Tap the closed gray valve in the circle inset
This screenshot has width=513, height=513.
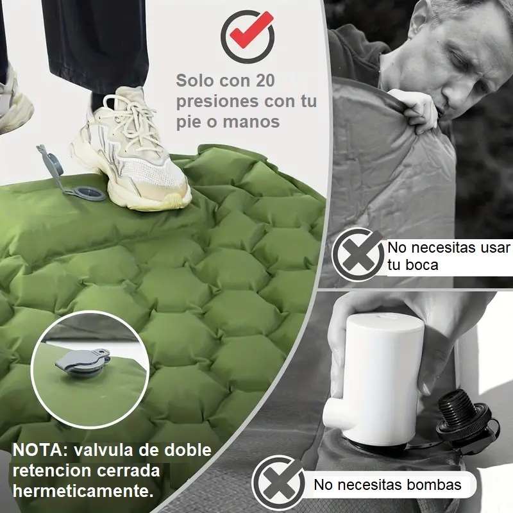coord(83,362)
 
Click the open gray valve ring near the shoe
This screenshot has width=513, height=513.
coord(88,193)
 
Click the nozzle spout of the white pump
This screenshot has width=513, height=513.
coord(337,414)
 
